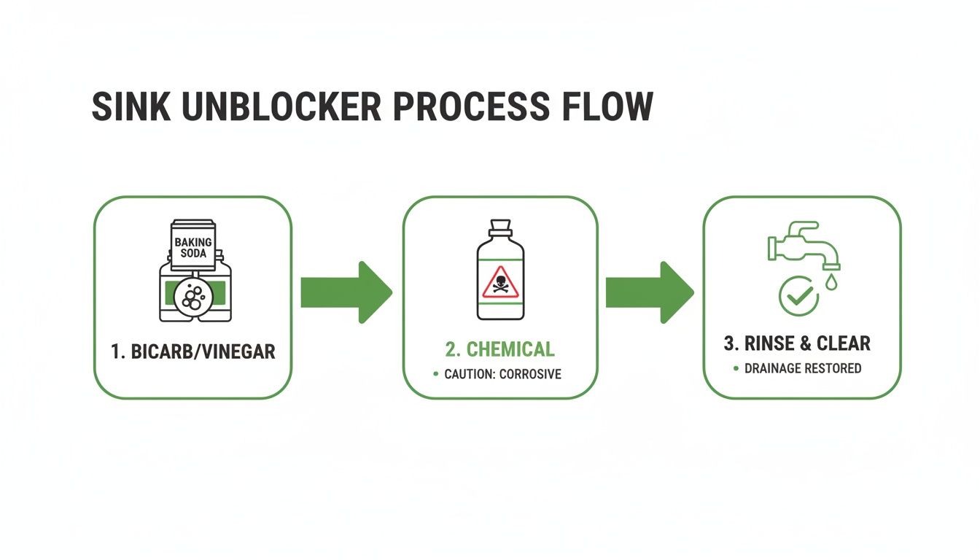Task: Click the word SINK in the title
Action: point(131,107)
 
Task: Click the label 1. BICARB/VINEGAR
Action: point(193,351)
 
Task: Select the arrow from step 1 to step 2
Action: point(346,292)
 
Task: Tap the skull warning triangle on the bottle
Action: point(500,283)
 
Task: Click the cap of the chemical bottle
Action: point(500,228)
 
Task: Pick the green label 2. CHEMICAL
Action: point(500,349)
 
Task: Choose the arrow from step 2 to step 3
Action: point(649,292)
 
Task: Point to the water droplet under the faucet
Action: point(832,281)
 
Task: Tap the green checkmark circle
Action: point(798,296)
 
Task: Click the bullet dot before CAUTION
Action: point(436,374)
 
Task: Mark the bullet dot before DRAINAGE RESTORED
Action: point(736,368)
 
